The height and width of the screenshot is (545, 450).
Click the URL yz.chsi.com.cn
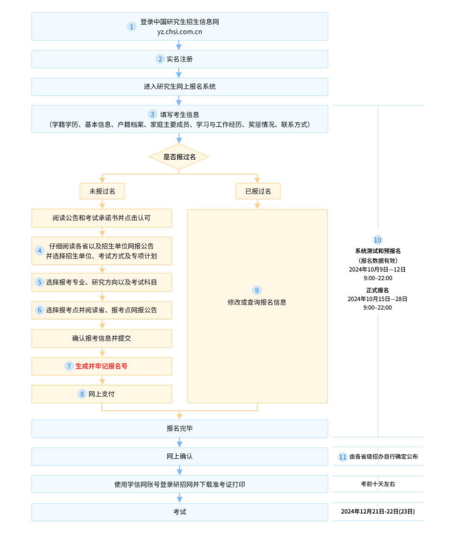[x=180, y=32]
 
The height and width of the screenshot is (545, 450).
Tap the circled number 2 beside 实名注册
[x=160, y=59]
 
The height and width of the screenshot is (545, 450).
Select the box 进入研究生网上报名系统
[x=180, y=87]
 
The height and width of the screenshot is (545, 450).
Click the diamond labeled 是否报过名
[x=179, y=157]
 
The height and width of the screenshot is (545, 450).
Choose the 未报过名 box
[x=102, y=191]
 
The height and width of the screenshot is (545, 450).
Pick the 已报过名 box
[x=258, y=191]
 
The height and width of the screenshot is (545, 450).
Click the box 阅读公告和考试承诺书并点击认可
[x=102, y=218]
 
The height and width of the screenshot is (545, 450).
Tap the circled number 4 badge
[x=40, y=251]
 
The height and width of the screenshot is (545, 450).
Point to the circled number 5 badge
[x=40, y=282]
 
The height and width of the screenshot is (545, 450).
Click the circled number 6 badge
[x=40, y=310]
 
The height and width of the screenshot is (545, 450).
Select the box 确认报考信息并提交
[x=102, y=338]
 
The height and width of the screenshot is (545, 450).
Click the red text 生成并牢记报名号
[x=101, y=366]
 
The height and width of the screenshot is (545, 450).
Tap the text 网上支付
[x=101, y=394]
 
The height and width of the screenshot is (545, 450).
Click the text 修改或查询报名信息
[x=257, y=302]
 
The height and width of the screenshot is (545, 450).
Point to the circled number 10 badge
[x=377, y=240]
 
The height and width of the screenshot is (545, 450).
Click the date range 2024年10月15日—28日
[x=377, y=299]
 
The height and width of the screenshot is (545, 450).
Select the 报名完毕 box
[x=180, y=429]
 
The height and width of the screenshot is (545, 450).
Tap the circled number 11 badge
[x=342, y=457]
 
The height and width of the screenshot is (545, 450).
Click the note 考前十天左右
[x=378, y=484]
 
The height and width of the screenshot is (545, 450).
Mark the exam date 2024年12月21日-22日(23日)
[x=378, y=512]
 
